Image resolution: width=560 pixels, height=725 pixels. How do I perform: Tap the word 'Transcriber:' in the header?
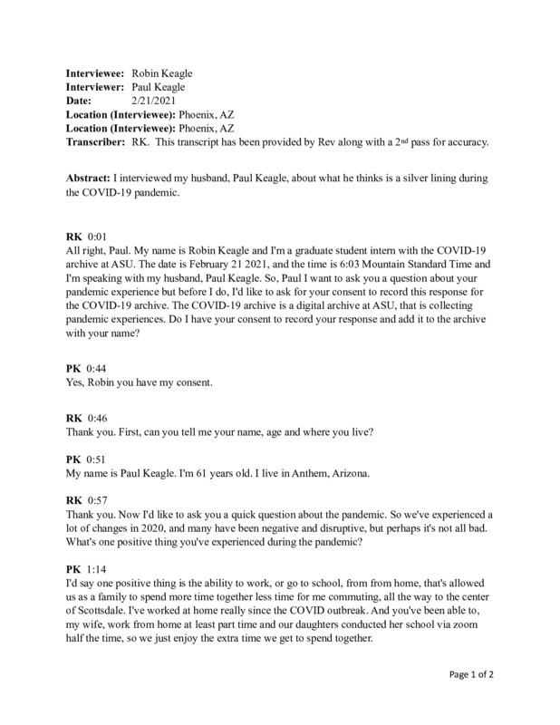[x=95, y=142]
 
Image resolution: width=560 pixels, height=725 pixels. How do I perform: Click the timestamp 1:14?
[x=96, y=568]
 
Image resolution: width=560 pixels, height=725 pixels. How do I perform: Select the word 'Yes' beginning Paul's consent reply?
[x=77, y=383]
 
